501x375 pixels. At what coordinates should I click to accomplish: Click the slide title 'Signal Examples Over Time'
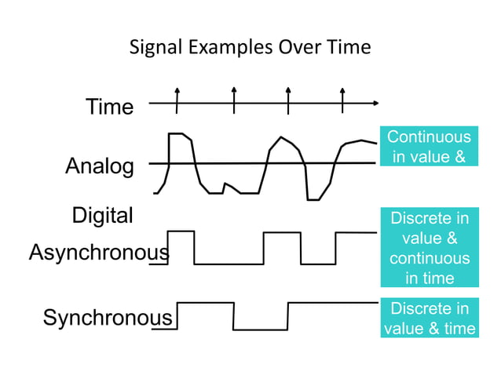[250, 47]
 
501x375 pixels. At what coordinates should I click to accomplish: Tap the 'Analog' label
[100, 166]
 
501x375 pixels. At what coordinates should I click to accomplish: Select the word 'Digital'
[103, 216]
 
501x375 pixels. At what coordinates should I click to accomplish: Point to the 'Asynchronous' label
[99, 253]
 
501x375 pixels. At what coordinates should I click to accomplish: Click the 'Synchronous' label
[108, 318]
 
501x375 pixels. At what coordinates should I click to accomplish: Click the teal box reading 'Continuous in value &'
[429, 147]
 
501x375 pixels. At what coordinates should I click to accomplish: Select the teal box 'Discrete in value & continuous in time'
[429, 248]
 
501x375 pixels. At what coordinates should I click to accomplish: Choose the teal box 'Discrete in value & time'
[429, 318]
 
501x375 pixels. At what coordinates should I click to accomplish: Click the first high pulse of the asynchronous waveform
[181, 231]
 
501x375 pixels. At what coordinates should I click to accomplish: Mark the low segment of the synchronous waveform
[261, 329]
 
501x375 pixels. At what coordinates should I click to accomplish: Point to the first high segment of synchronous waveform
[206, 303]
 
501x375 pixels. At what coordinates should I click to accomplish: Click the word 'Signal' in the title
[155, 47]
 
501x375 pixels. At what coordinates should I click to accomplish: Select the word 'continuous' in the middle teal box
[429, 258]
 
